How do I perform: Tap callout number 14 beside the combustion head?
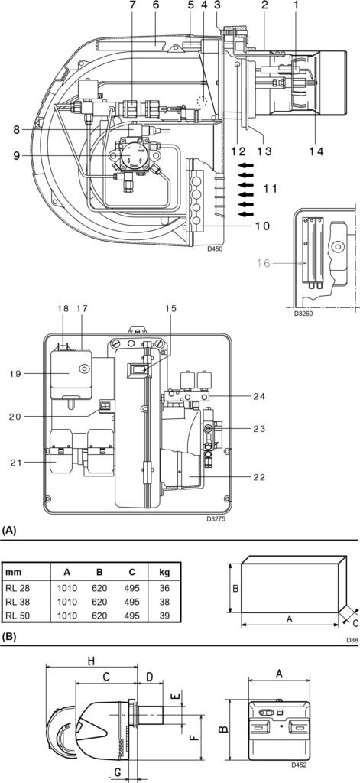tap(316, 151)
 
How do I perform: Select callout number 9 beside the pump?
tap(16, 157)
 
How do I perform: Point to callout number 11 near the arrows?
tap(270, 187)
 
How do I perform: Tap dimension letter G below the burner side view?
tap(117, 773)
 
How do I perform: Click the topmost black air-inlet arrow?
tap(245, 164)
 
